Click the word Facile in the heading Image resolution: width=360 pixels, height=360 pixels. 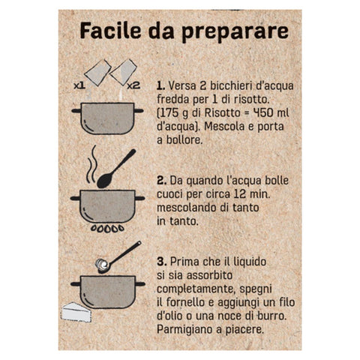110,31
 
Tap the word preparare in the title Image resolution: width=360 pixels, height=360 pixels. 235,32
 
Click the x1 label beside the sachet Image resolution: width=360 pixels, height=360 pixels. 79,85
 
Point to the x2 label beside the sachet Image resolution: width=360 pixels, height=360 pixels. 133,85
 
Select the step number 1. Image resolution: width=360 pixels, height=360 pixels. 160,85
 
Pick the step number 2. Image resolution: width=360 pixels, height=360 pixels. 161,181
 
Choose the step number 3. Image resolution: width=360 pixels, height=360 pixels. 162,262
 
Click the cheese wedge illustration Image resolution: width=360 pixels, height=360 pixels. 76,312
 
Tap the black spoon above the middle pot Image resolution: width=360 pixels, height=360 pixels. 115,169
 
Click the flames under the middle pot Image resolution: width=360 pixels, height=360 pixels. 107,229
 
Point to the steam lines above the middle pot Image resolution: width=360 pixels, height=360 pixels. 91,164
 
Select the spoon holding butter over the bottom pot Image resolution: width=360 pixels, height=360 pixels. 118,257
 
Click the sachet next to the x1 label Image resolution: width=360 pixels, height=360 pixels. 97,73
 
